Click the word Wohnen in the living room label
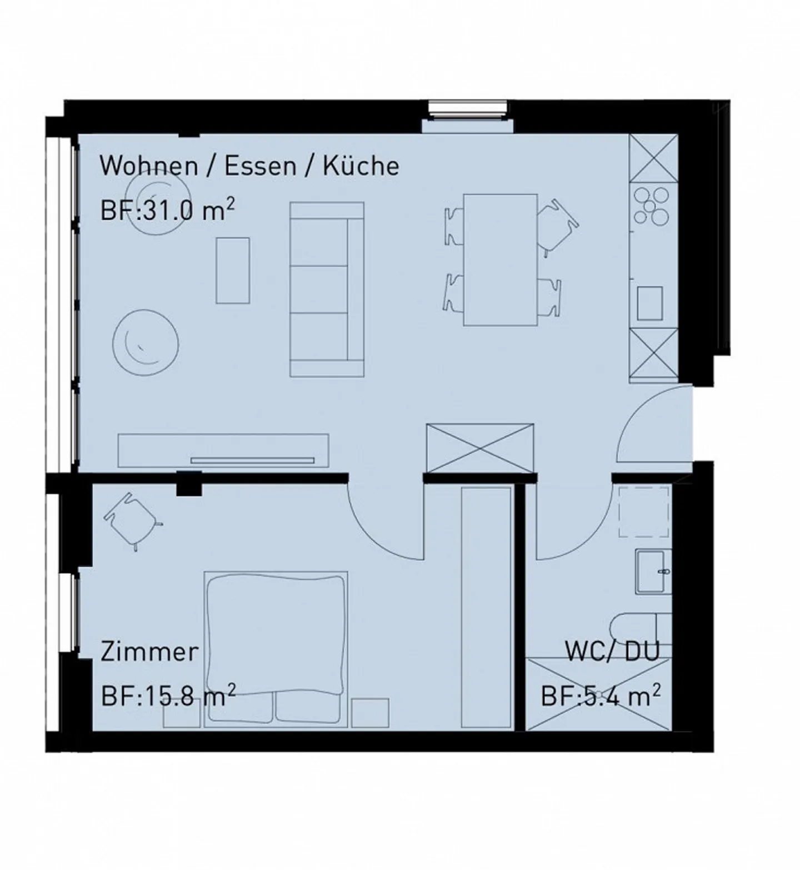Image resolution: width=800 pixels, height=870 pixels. (x=148, y=166)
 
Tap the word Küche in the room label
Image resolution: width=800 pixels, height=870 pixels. (x=361, y=166)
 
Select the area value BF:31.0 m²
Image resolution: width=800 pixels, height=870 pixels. (x=167, y=211)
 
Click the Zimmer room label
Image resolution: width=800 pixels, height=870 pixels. (x=149, y=652)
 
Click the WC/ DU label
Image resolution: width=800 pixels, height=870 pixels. (x=612, y=651)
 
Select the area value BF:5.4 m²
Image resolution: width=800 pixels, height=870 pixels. (x=601, y=695)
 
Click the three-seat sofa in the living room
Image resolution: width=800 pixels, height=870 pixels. (x=327, y=289)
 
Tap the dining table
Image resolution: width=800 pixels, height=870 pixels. (x=500, y=259)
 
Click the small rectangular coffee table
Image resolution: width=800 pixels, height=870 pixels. (x=232, y=271)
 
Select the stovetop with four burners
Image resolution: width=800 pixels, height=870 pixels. (x=652, y=205)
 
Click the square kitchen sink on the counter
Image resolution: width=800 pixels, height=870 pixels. (x=649, y=303)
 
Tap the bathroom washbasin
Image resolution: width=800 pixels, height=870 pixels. (x=653, y=571)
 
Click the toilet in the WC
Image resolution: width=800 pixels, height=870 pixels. (x=639, y=628)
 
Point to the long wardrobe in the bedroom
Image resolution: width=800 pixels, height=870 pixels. (x=486, y=606)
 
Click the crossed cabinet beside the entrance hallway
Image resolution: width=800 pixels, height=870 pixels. (x=480, y=448)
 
